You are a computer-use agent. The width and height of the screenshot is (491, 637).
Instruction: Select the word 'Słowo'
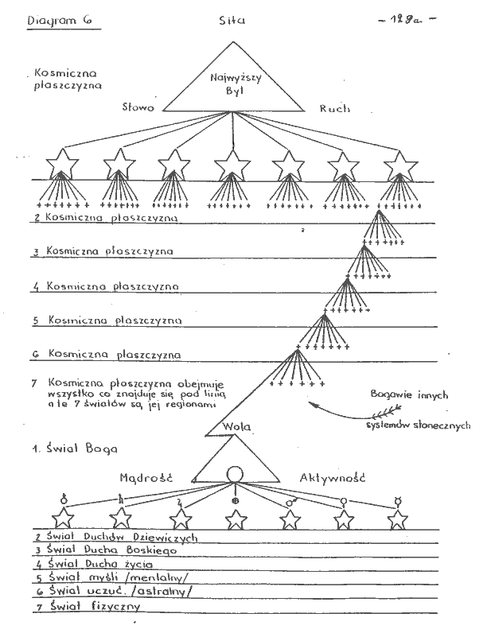tap(140, 107)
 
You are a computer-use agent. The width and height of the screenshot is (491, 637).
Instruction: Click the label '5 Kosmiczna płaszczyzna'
tap(108, 320)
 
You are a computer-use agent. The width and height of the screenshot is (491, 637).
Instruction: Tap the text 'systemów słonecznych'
tap(418, 424)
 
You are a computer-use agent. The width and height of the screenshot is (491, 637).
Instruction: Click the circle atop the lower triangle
tap(234, 475)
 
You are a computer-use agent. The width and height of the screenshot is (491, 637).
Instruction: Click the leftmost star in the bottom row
tap(63, 518)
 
